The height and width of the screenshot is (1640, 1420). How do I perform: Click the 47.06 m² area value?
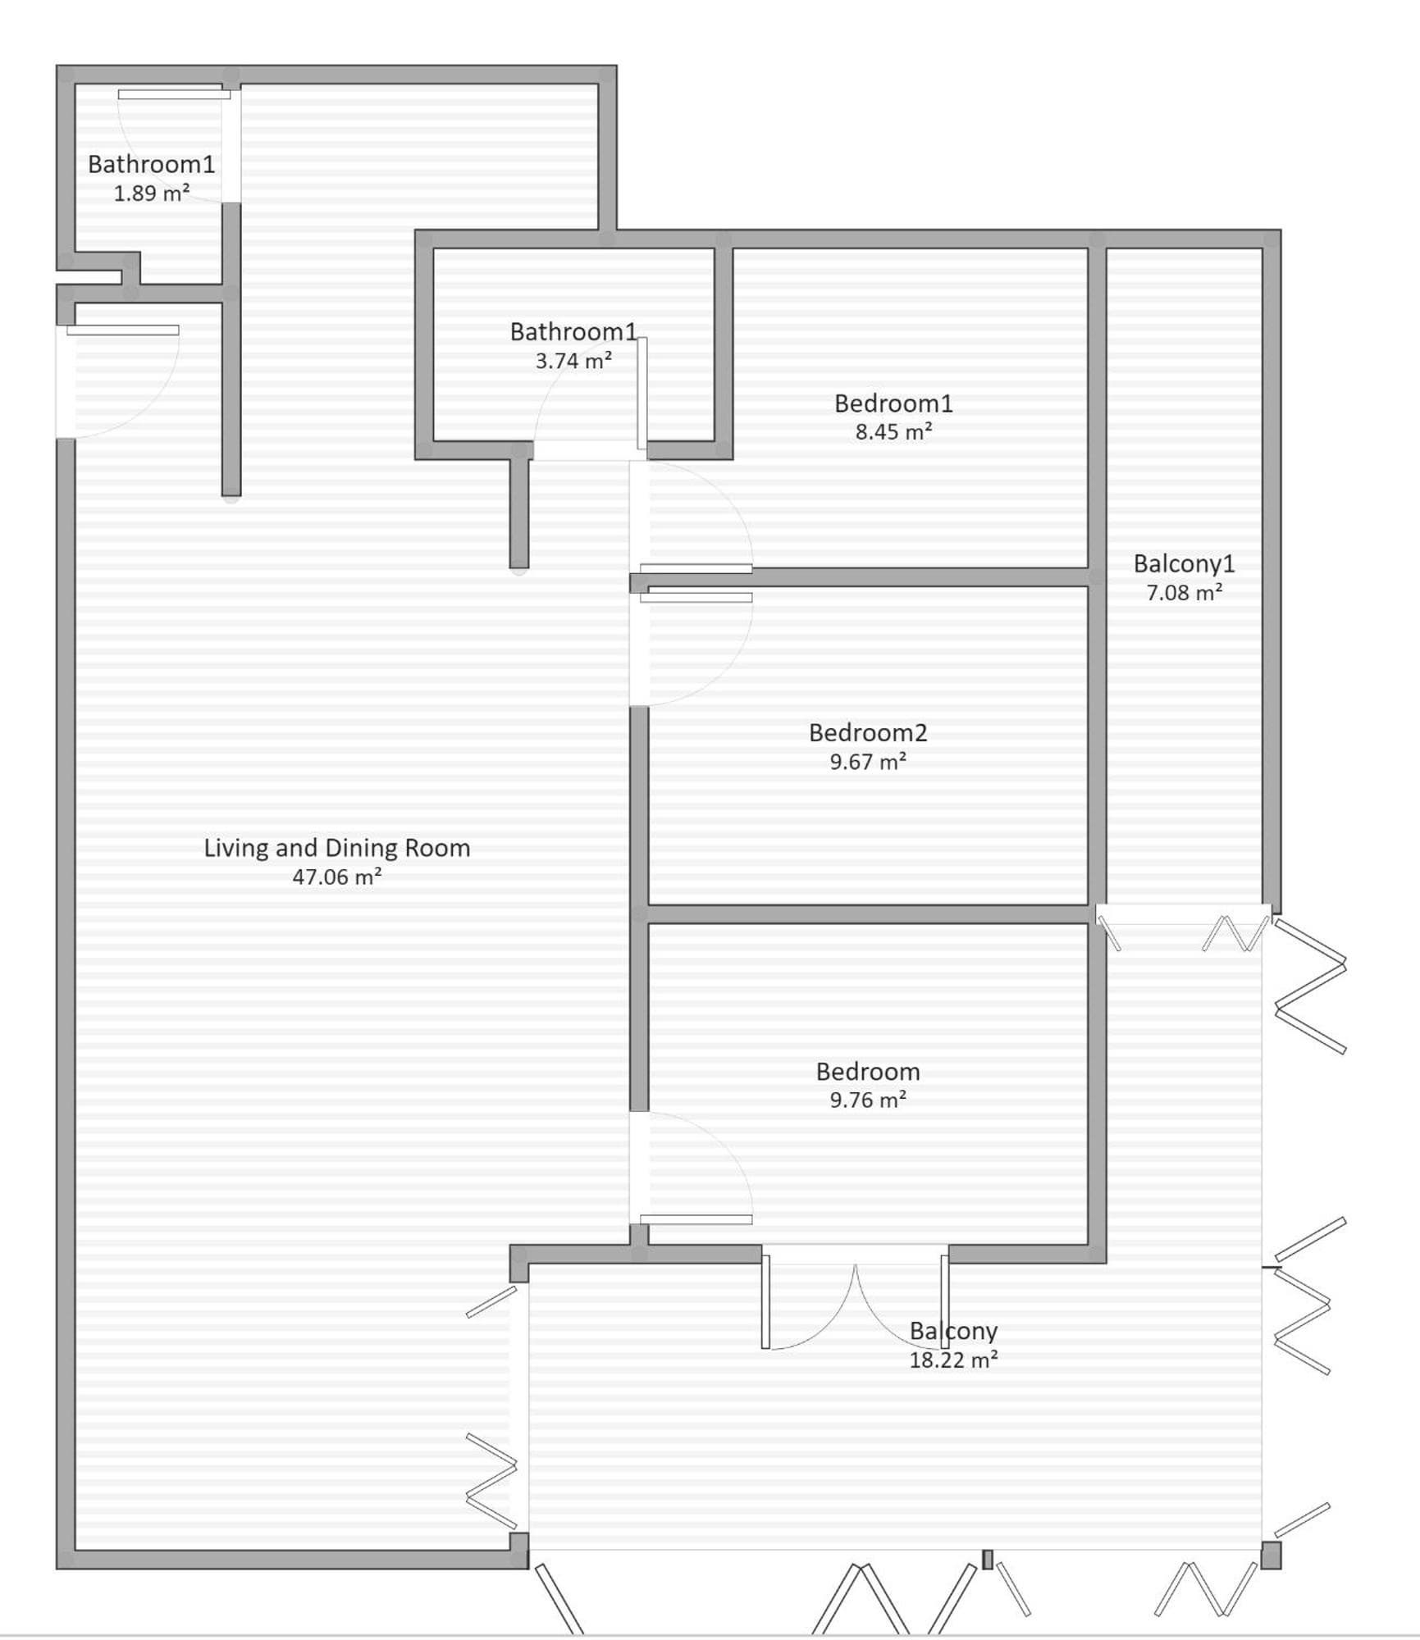tap(337, 877)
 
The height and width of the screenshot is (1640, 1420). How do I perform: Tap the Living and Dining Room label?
tap(337, 848)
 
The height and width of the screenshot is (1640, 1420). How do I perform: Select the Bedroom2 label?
tap(868, 732)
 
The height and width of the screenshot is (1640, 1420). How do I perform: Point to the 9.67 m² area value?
tap(868, 762)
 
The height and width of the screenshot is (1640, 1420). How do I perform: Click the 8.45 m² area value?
tap(893, 431)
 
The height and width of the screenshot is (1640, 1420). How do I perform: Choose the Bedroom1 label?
tap(893, 403)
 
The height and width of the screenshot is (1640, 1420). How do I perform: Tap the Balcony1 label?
tap(1184, 564)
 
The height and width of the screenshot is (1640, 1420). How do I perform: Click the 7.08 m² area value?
tap(1184, 592)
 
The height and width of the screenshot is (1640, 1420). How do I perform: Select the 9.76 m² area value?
tap(868, 1100)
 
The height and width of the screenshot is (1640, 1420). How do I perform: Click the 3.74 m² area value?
tap(573, 361)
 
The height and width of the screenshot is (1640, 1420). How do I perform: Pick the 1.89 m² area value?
tap(152, 194)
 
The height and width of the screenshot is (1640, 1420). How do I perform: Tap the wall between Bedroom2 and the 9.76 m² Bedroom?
tap(868, 914)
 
